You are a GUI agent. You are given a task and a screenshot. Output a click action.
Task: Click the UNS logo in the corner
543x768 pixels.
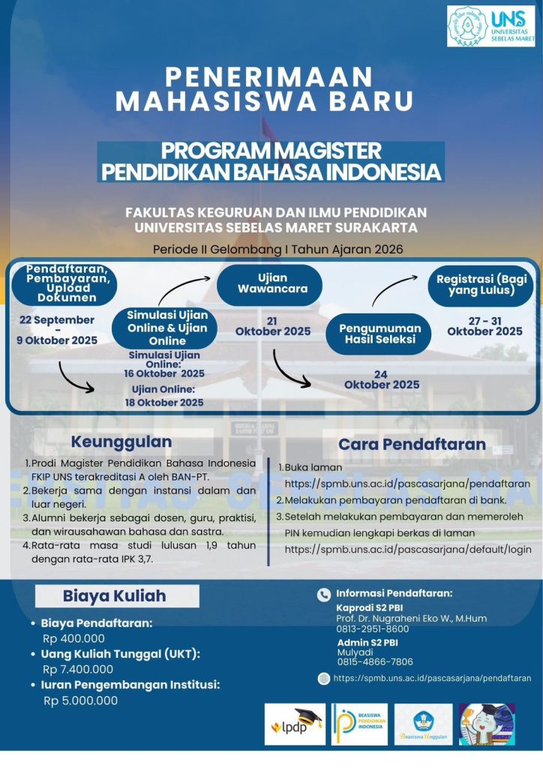[490, 27]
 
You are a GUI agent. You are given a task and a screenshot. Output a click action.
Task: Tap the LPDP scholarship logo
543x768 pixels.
[295, 723]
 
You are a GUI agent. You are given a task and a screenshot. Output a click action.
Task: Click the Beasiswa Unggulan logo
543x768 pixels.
[423, 723]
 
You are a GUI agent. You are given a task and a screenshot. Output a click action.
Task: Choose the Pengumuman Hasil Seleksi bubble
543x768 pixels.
[379, 334]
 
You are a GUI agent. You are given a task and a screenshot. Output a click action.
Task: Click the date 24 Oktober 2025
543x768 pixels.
[382, 379]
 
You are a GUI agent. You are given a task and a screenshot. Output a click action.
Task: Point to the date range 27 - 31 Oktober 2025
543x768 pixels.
[484, 325]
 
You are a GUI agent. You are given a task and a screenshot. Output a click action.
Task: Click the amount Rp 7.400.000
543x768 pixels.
[78, 669]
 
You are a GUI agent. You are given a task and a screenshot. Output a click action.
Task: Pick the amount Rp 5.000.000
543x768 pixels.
[80, 700]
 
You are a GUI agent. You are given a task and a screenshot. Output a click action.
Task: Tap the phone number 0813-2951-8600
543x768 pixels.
[372, 629]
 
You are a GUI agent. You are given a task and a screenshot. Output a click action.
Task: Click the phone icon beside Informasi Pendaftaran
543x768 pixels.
[324, 592]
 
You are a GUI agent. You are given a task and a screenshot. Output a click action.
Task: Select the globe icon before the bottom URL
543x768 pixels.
[324, 678]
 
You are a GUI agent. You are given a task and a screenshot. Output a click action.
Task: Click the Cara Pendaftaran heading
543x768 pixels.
[412, 444]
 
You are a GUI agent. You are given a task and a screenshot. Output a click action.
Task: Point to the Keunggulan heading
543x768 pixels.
[121, 442]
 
